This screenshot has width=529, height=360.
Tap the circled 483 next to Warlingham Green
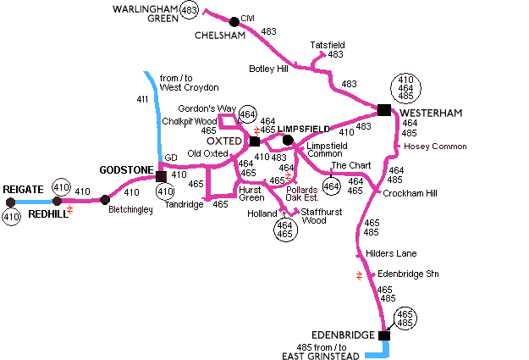pos(190,10)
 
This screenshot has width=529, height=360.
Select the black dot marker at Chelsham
pos(234,21)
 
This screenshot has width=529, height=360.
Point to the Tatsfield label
pos(328,45)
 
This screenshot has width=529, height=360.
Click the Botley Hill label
pos(268,69)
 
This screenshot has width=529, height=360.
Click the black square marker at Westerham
pos(384,110)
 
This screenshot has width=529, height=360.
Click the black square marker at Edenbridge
pos(384,335)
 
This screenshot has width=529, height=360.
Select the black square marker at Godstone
pos(161,175)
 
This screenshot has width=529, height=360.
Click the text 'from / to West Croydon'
pos(189,82)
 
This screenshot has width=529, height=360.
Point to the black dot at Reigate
pos(10,202)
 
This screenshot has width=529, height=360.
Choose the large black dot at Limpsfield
pos(288,140)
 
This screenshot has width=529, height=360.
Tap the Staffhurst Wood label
pos(314,215)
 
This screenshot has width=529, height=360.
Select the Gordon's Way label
pos(207,109)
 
